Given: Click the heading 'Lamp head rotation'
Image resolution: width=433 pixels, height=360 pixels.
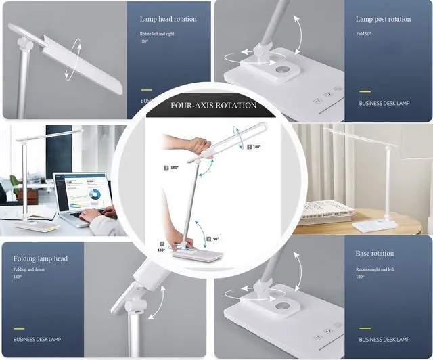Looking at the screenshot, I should click(x=168, y=19).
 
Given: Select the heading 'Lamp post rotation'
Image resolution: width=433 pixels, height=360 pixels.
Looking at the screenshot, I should click(x=383, y=19).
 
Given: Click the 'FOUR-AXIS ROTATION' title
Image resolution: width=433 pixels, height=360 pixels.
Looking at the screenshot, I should click(x=213, y=106).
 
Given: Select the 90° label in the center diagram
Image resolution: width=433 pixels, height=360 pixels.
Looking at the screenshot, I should click(x=215, y=239).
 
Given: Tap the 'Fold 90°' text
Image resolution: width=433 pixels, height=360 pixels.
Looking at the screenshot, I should click(x=366, y=34).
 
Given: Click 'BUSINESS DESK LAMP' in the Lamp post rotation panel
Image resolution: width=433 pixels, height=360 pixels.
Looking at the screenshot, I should click(x=384, y=104).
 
